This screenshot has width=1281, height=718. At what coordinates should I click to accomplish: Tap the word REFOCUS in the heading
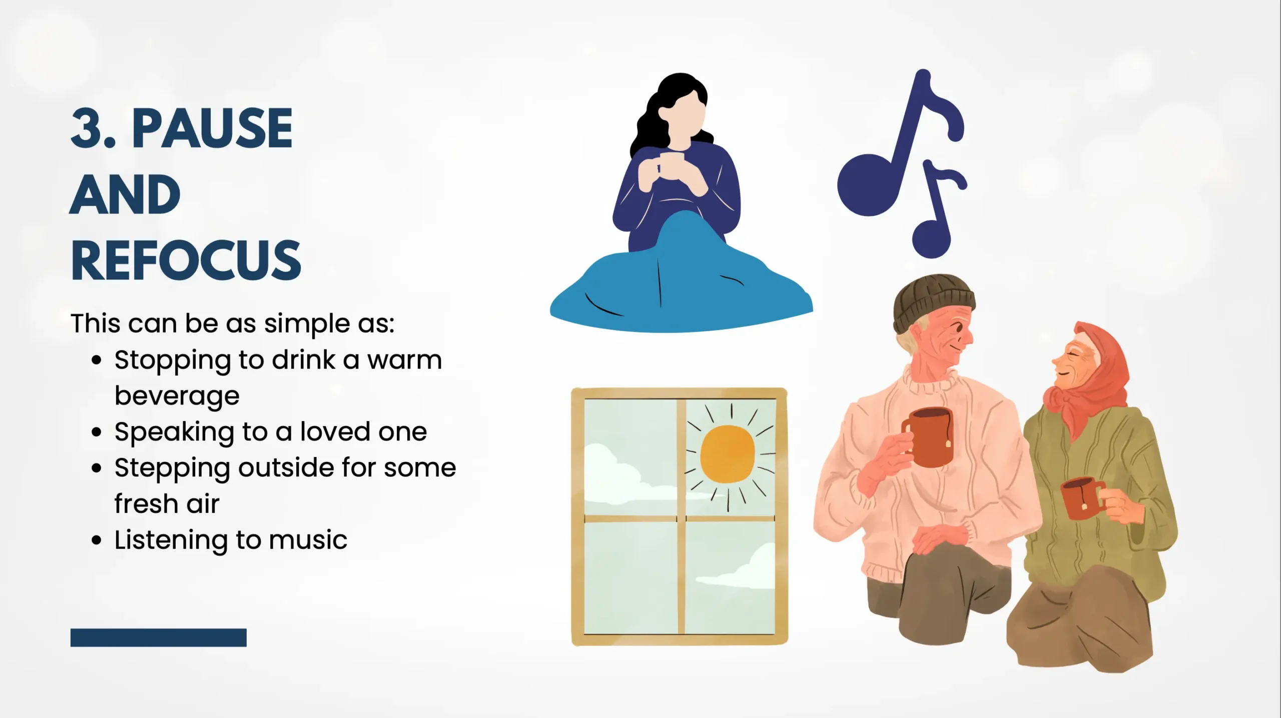(x=186, y=260)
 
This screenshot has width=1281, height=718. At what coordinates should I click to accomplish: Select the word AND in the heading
(x=125, y=194)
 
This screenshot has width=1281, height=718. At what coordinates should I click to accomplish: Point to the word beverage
(x=177, y=396)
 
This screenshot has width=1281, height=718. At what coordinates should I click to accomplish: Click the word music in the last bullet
(x=308, y=540)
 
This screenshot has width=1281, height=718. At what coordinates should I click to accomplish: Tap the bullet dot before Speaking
(x=97, y=432)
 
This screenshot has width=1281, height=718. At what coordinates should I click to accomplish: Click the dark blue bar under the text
(x=159, y=637)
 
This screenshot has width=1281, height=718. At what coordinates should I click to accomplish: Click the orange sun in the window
(x=727, y=454)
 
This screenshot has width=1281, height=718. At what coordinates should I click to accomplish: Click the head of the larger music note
(x=869, y=185)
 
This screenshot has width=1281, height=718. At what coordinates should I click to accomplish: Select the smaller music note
(x=937, y=210)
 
